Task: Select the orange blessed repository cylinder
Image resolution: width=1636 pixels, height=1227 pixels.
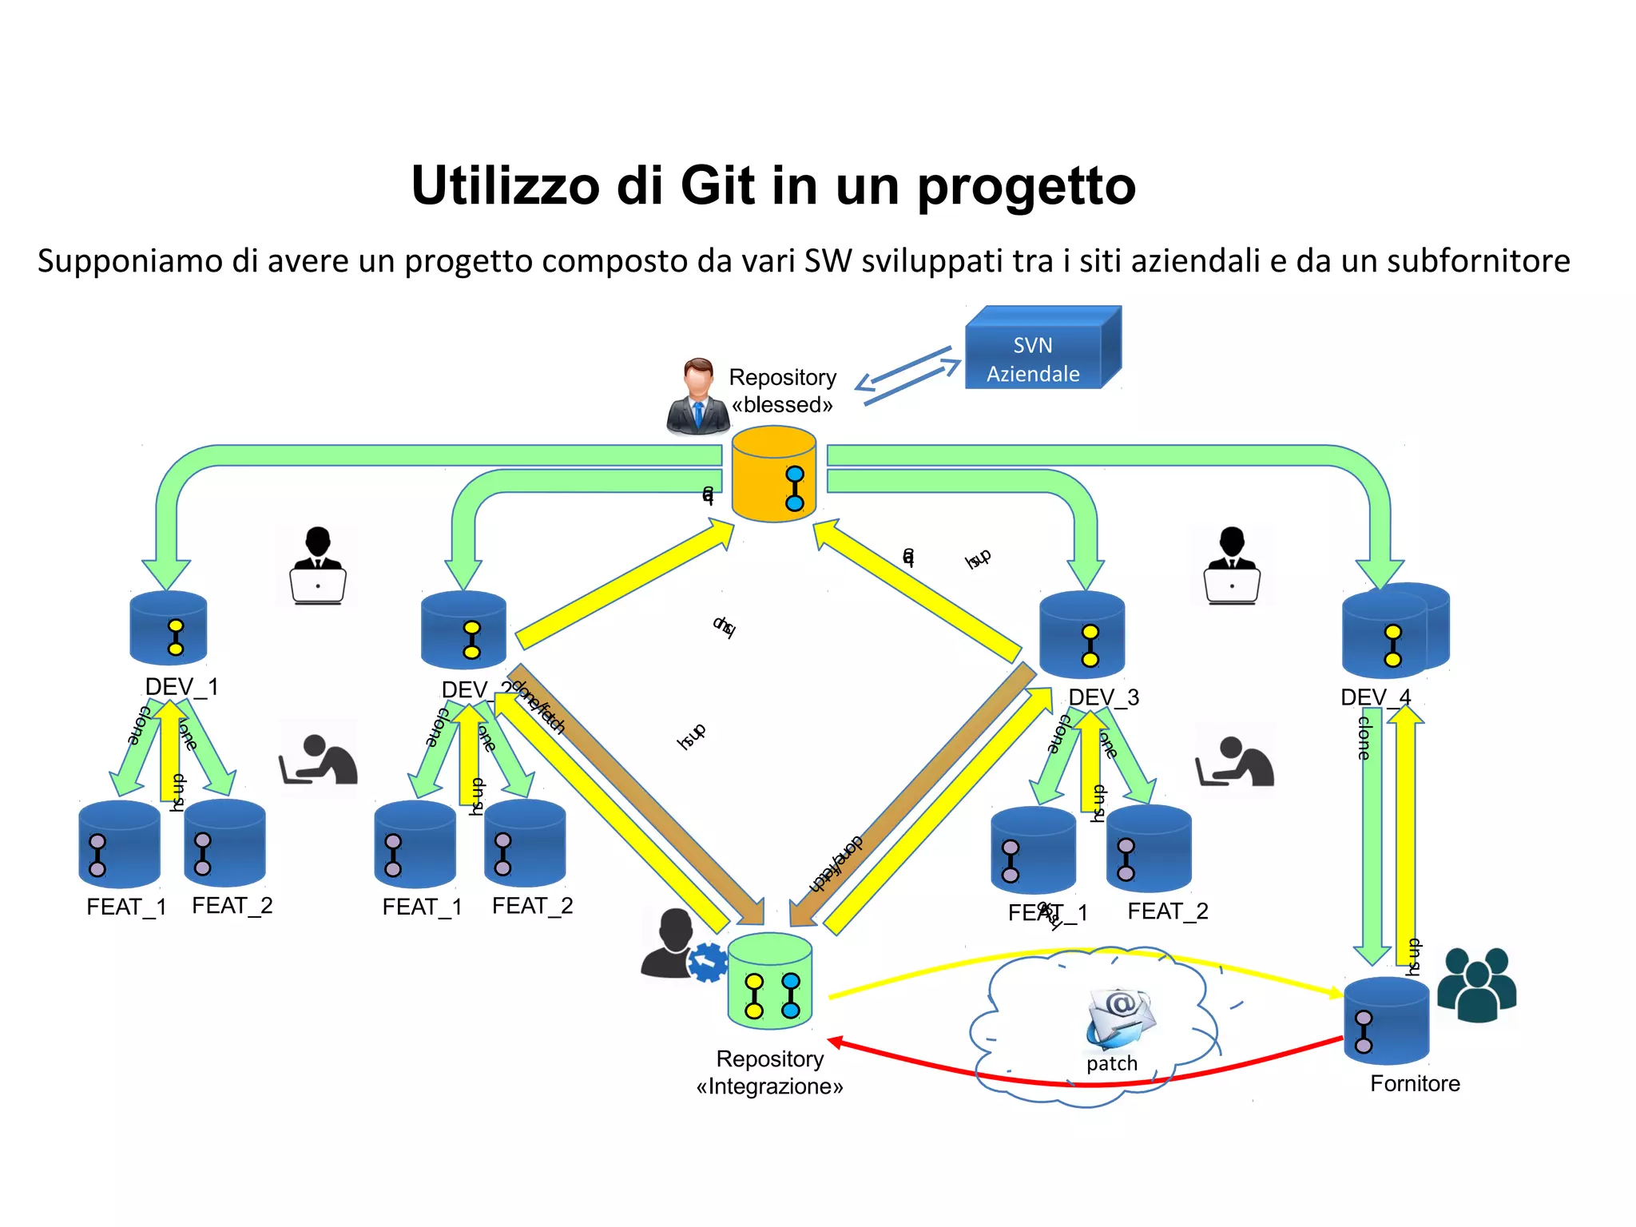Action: coord(773,476)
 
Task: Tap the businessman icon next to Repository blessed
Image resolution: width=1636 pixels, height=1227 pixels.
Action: coord(697,398)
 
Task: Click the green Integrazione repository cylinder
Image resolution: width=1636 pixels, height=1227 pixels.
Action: coord(770,983)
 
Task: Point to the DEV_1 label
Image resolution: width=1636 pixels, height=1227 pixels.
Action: coord(181,687)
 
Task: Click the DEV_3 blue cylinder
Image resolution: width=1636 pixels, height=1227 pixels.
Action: coord(1082,636)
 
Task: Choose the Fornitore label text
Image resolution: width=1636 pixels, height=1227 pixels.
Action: coord(1415,1084)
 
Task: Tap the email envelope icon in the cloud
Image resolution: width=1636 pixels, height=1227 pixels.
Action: coord(1119,1018)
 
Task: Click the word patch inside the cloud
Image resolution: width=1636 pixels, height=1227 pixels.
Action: coord(1111,1063)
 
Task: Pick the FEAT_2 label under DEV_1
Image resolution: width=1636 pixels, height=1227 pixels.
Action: coord(232,906)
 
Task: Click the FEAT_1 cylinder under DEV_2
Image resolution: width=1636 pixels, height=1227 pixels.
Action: coord(415,845)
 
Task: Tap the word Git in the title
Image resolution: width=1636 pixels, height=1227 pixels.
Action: coord(717,186)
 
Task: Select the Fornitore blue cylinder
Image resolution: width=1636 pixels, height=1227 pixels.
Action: coord(1386,1022)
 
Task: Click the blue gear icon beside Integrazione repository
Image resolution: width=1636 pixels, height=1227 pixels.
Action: coord(707,962)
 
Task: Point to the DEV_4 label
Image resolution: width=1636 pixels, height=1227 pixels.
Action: coord(1375,697)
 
